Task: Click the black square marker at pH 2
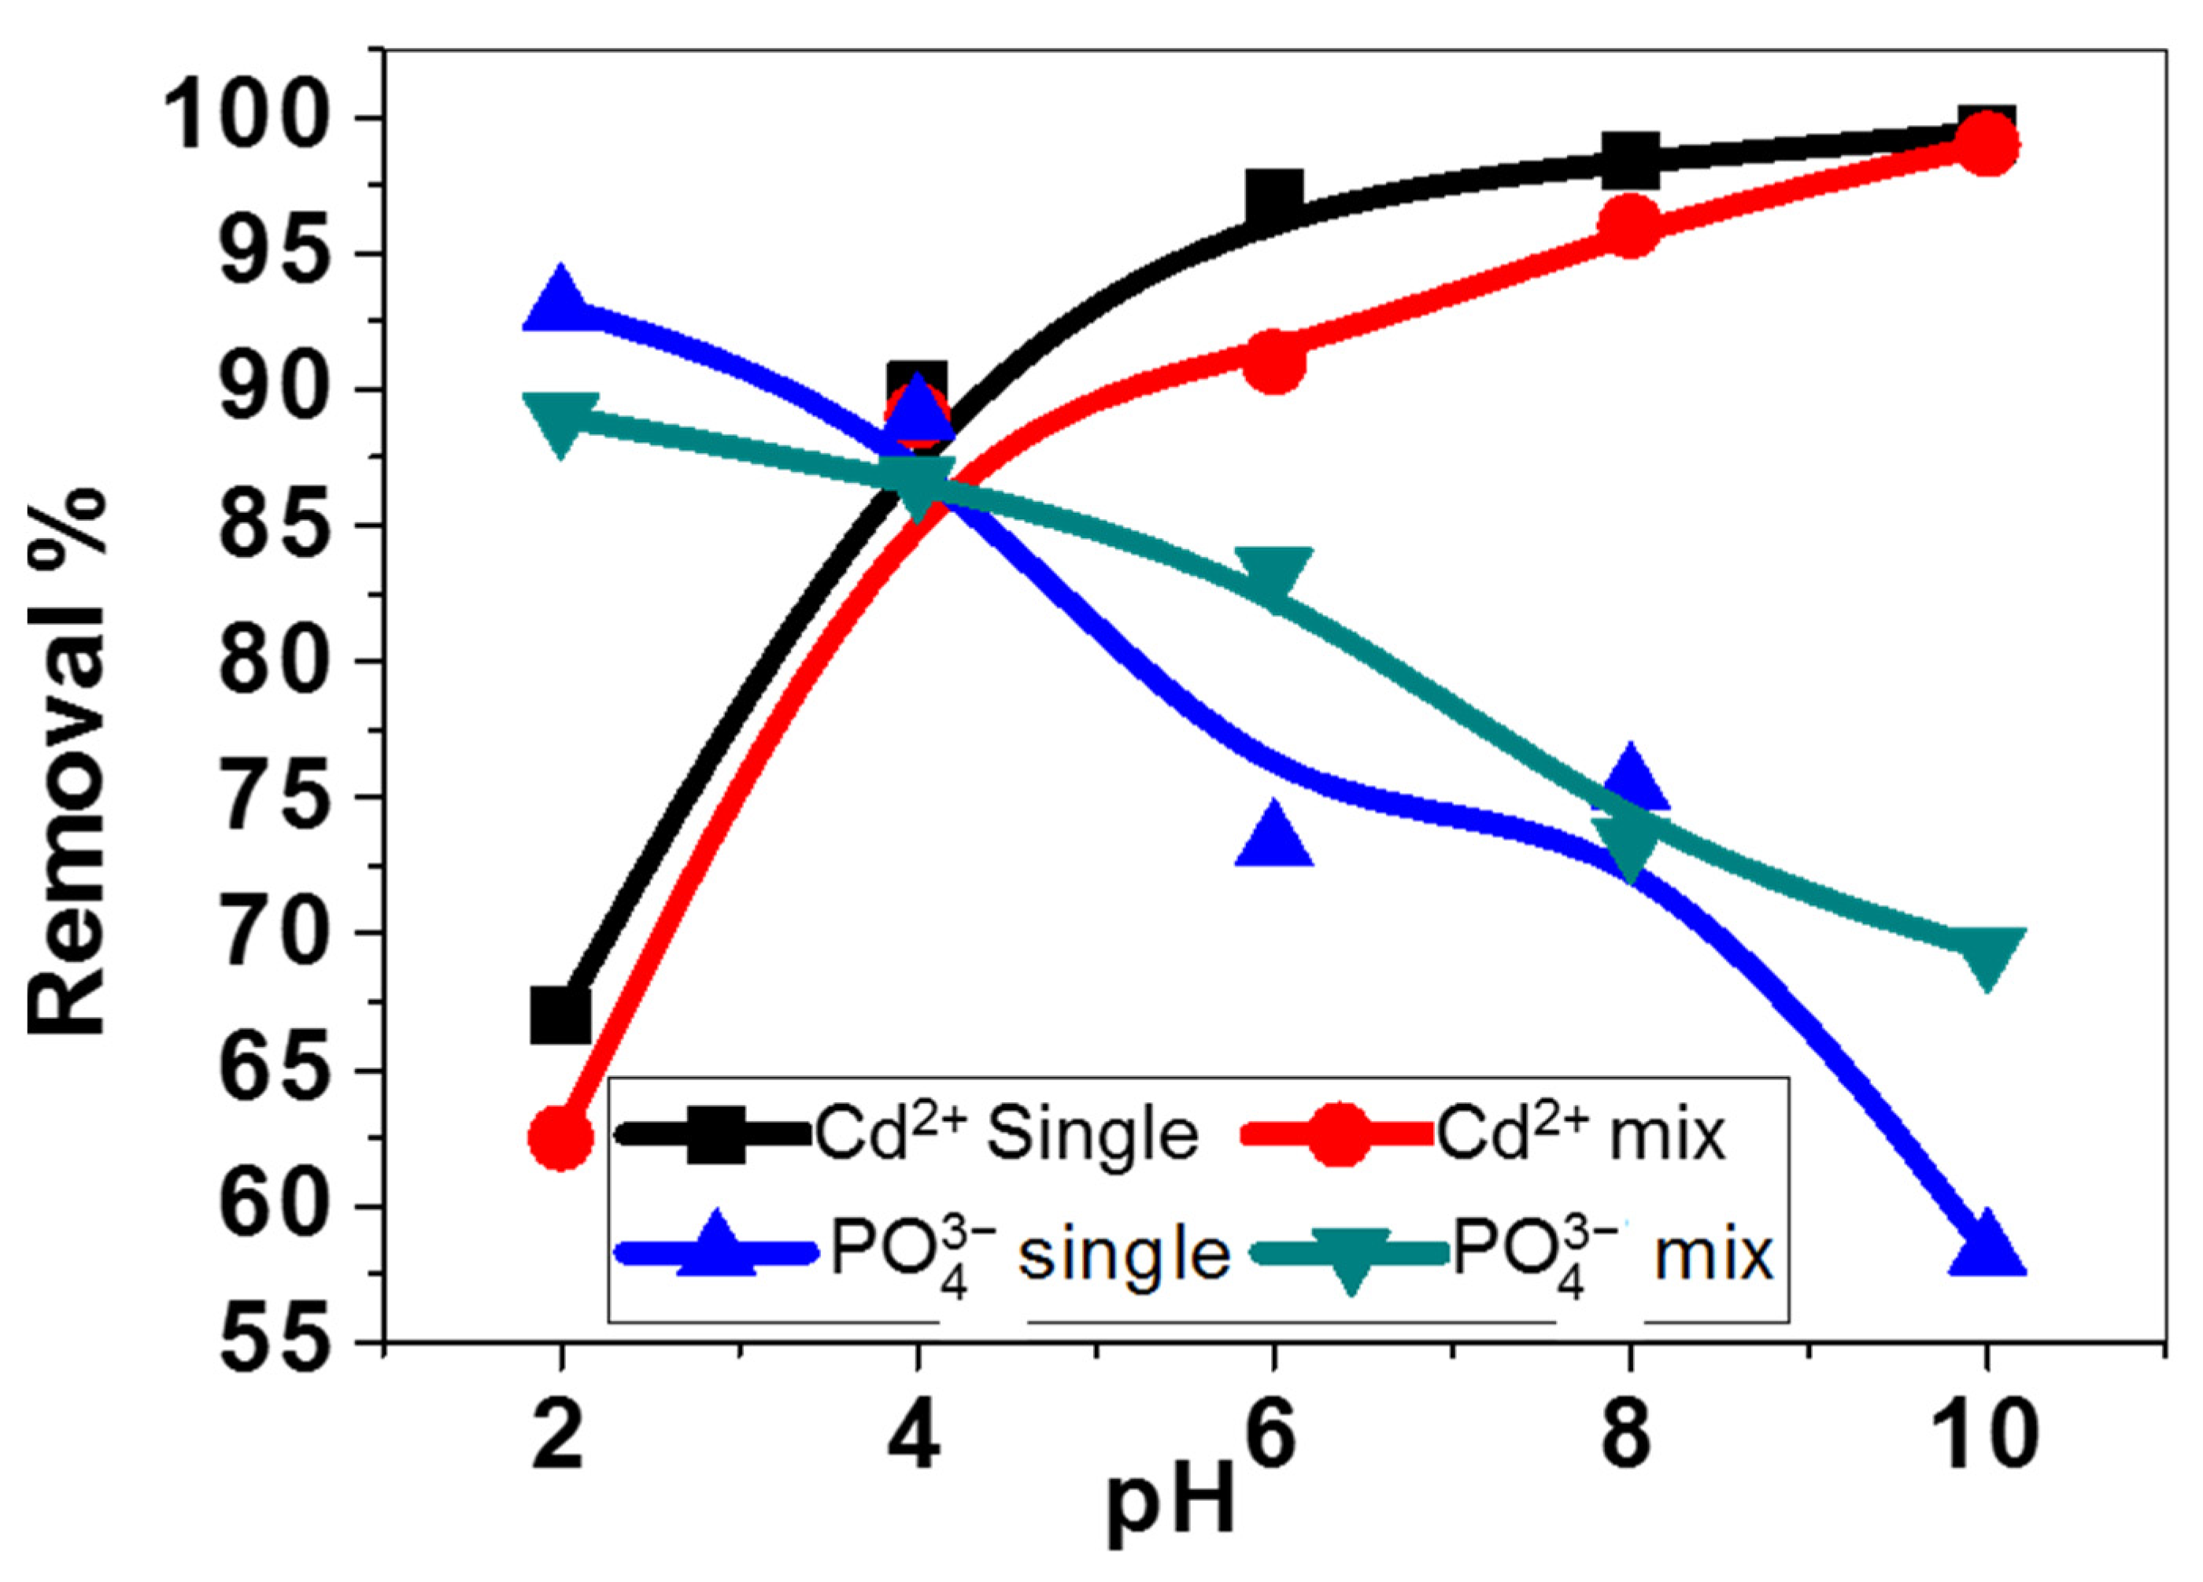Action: click(x=560, y=1017)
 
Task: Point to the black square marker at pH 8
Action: click(x=1630, y=161)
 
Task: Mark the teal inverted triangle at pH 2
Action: click(x=560, y=419)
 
